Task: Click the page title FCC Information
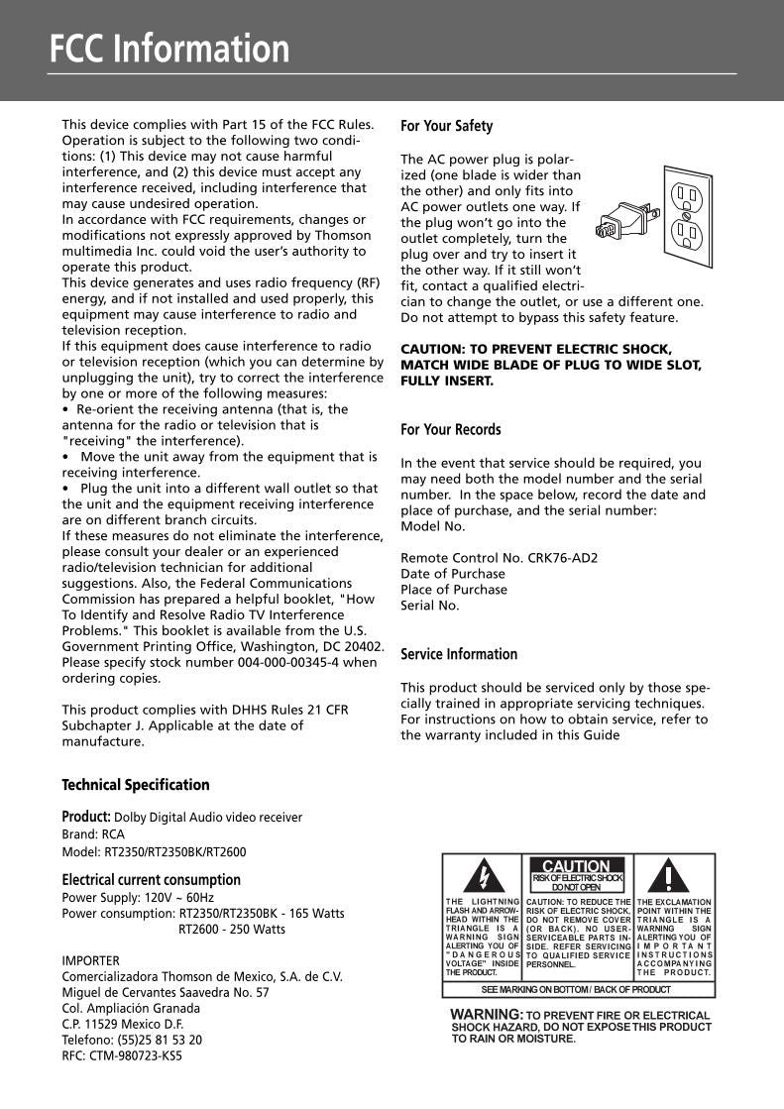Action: pyautogui.click(x=169, y=49)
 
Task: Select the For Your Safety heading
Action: pyautogui.click(x=446, y=126)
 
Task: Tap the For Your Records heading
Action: pyautogui.click(x=450, y=429)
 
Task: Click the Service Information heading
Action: pyautogui.click(x=458, y=654)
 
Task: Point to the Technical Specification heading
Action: pyautogui.click(x=136, y=785)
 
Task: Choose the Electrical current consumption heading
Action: pyautogui.click(x=151, y=880)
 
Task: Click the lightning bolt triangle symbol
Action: pyautogui.click(x=483, y=876)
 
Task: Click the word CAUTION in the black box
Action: pyautogui.click(x=576, y=866)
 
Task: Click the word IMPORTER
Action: pyautogui.click(x=90, y=960)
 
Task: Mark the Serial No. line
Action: pyautogui.click(x=429, y=606)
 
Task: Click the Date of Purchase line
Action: pyautogui.click(x=452, y=574)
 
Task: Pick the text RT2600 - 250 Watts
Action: pyautogui.click(x=231, y=929)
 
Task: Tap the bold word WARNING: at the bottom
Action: pyautogui.click(x=487, y=1015)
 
